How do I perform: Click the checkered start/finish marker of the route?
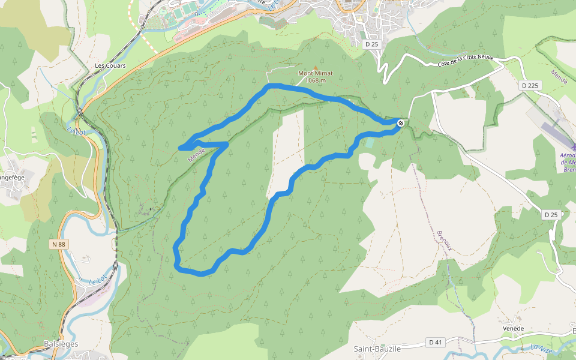click(400, 123)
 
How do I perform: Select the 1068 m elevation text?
click(315, 80)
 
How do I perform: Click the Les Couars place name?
click(110, 65)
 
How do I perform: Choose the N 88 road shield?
click(58, 244)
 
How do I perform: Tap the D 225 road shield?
click(530, 86)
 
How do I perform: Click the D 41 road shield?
click(436, 343)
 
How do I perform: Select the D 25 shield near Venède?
click(551, 214)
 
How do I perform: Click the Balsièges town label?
click(61, 344)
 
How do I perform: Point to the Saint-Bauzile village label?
click(377, 349)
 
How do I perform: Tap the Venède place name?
click(513, 329)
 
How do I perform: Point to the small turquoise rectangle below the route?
click(368, 143)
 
